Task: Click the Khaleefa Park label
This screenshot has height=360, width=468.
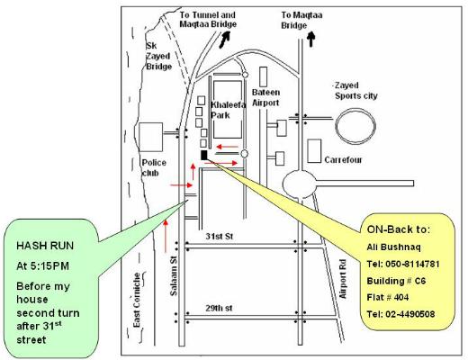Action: (228, 110)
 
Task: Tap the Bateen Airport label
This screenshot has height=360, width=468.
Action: (265, 97)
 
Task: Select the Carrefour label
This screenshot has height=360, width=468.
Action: (343, 160)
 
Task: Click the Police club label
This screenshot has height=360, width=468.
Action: (154, 168)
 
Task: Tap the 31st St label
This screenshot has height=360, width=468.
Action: (220, 237)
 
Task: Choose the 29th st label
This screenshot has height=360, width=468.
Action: (219, 308)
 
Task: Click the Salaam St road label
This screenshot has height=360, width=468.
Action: (174, 275)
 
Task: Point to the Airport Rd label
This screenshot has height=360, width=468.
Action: (343, 279)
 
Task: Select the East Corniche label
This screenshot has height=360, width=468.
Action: (137, 300)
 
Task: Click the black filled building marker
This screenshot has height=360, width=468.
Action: (203, 155)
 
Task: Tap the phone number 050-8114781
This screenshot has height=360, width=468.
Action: (412, 265)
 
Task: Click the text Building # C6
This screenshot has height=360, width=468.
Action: (396, 281)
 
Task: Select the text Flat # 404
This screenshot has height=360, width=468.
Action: (388, 298)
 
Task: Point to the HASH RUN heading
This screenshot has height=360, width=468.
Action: (45, 246)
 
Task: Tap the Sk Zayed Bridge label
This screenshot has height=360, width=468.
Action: (158, 56)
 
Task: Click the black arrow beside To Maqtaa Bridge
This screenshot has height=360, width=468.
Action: (311, 40)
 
